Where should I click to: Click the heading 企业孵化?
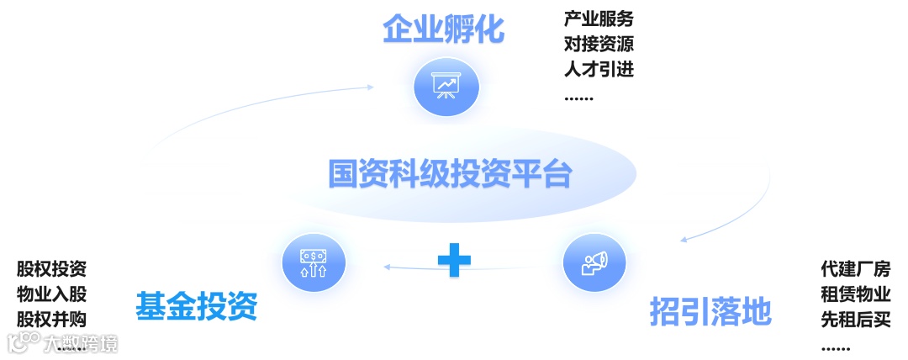point(443,30)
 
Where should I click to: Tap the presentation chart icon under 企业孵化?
point(446,86)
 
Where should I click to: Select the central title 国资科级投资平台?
point(450,174)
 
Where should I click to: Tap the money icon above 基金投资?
point(314,262)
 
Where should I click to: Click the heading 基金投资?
point(196,308)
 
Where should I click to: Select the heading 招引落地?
point(710,311)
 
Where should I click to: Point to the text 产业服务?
point(599,19)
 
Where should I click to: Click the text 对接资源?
point(599,44)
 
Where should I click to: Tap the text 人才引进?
point(599,69)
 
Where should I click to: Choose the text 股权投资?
point(51,270)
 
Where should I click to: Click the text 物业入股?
point(51,294)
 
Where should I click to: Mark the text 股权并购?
point(51,319)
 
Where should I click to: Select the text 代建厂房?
point(856,270)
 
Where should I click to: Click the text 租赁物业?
point(856,294)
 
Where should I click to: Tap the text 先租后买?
point(856,320)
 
